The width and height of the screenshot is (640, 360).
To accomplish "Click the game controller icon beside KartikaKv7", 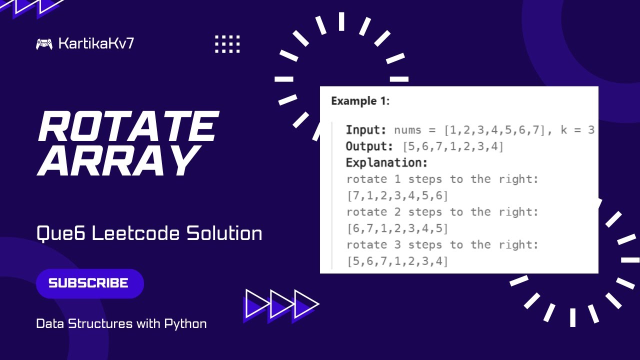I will pos(44,44).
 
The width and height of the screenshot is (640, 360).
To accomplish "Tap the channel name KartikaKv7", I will pos(96,43).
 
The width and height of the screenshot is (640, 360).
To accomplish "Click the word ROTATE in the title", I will pos(128,126).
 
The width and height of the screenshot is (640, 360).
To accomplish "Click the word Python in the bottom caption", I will pos(185,323).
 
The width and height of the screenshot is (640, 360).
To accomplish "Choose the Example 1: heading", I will pos(360,101).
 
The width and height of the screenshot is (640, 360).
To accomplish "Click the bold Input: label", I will pos(366,130).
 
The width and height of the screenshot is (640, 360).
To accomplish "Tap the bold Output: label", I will pos(369,146).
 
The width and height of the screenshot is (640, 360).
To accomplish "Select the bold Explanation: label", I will pos(386,163).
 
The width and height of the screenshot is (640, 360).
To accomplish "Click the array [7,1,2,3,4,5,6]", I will pos(397,195).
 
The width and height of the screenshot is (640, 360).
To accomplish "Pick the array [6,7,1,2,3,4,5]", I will pos(397,228).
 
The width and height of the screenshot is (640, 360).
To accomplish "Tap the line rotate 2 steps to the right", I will pos(442,212).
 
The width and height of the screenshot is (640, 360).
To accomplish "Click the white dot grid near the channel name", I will pos(227,44).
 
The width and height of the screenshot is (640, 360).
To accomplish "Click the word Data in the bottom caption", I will pos(49,323).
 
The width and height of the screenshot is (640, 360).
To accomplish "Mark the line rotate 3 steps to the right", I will pos(442,244).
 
